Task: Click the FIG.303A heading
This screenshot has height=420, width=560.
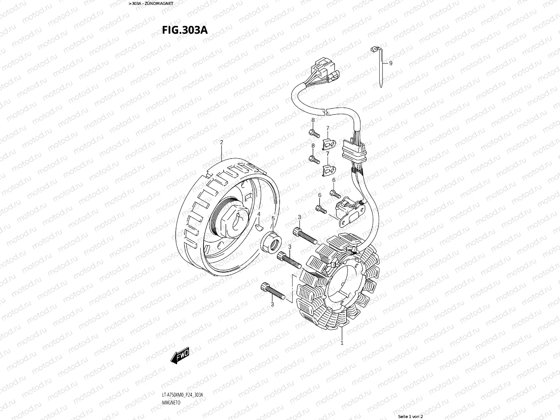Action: click(184, 30)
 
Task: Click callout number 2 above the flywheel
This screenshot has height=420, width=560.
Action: click(222, 142)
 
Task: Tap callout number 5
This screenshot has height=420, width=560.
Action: click(273, 218)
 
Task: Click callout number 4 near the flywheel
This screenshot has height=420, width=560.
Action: click(259, 213)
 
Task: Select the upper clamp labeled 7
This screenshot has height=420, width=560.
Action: click(328, 143)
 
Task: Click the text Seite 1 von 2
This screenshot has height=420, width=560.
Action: click(411, 416)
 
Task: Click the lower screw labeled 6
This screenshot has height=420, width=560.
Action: click(321, 209)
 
